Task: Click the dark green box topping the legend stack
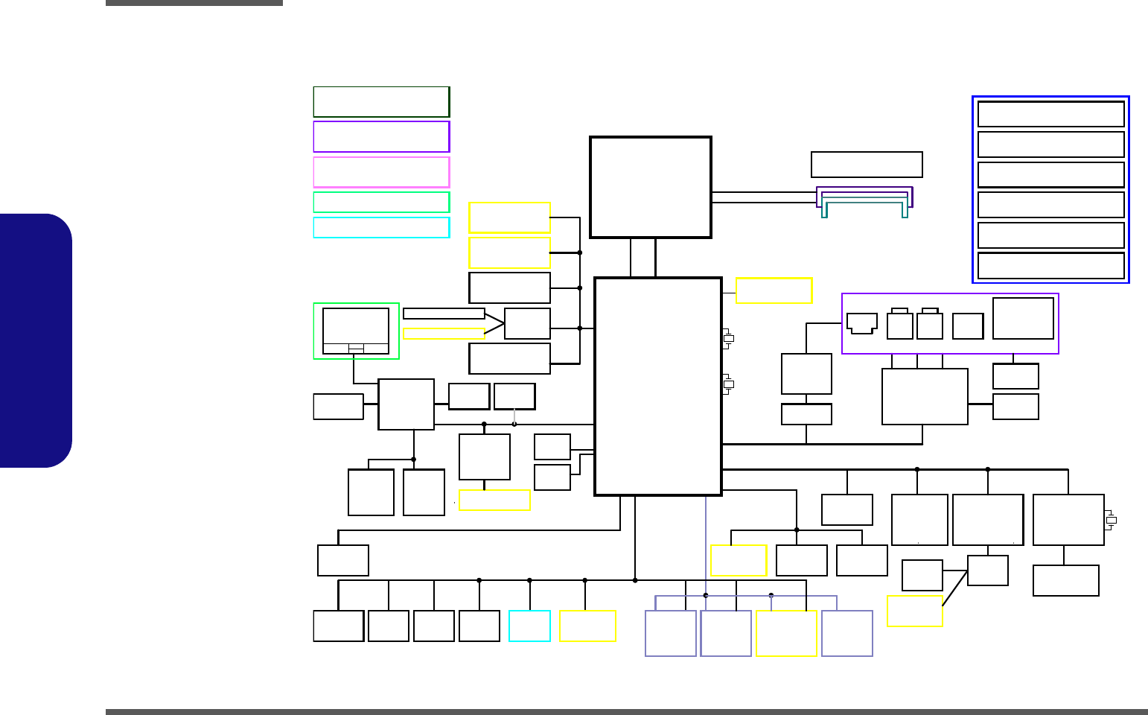(381, 102)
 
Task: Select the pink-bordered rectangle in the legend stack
(381, 172)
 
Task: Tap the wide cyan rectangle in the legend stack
(381, 227)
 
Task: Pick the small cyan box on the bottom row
(529, 626)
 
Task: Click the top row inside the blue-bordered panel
(1050, 115)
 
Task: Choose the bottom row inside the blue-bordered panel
(1050, 265)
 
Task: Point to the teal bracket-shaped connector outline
(864, 206)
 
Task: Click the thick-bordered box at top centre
(651, 187)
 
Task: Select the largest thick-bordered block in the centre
(658, 386)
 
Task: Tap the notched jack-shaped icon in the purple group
(861, 323)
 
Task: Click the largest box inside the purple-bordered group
(1023, 319)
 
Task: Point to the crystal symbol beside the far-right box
(1111, 520)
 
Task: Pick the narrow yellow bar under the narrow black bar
(444, 333)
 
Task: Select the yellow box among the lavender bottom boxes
(786, 633)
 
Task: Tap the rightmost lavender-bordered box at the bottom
(847, 633)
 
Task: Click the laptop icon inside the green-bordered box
(356, 331)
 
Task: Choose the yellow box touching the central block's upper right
(774, 290)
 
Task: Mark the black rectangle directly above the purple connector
(867, 165)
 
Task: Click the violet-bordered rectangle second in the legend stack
(381, 136)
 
